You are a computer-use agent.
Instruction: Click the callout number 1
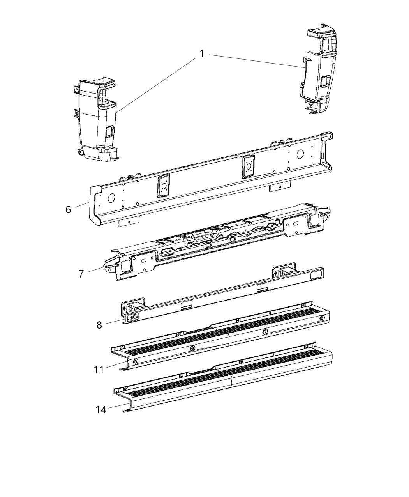(x=202, y=54)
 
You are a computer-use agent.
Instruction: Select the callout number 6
(x=69, y=210)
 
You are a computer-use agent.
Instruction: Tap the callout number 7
(x=81, y=274)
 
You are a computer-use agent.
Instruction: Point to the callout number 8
(x=99, y=325)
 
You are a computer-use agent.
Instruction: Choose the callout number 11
(x=99, y=369)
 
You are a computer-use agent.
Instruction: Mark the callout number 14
(x=101, y=410)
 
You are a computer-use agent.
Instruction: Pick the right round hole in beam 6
(x=300, y=154)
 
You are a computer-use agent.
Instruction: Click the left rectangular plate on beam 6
(x=163, y=186)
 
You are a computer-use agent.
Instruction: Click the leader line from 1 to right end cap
(x=257, y=61)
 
